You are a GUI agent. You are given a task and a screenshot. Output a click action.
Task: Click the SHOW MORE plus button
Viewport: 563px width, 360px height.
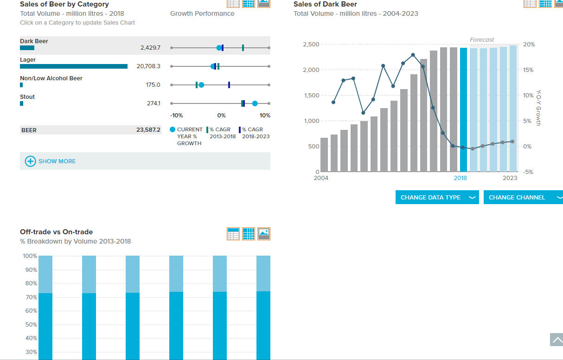(x=30, y=161)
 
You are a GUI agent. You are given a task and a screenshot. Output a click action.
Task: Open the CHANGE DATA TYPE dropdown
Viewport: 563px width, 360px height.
(x=437, y=197)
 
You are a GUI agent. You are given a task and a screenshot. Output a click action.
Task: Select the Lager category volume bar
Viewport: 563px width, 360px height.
(x=74, y=66)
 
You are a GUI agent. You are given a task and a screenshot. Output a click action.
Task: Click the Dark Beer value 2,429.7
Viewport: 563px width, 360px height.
(x=150, y=48)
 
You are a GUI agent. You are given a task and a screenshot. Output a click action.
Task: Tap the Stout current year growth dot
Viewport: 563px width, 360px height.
(x=255, y=103)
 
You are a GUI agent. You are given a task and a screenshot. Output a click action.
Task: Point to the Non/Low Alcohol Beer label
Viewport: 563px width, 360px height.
(x=51, y=78)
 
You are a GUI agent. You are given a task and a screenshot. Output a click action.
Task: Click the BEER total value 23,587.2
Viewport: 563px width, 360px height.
(x=148, y=130)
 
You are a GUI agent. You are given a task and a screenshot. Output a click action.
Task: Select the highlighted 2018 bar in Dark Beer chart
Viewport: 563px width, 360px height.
(x=463, y=109)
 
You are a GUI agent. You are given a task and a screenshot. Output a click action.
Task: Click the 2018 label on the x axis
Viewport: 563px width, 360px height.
(x=460, y=178)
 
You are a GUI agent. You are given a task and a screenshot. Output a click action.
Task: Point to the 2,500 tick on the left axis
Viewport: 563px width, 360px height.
(x=311, y=45)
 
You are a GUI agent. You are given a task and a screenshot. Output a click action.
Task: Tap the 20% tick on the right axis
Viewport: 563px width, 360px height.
(x=529, y=45)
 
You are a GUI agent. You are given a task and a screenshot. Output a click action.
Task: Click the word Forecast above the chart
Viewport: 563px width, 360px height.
(x=482, y=40)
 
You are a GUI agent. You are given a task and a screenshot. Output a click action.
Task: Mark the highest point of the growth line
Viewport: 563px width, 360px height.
(x=413, y=55)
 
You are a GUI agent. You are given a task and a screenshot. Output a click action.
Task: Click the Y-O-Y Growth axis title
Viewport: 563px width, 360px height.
(x=538, y=108)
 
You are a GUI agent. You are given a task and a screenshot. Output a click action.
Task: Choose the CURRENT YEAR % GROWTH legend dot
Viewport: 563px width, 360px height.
(x=173, y=129)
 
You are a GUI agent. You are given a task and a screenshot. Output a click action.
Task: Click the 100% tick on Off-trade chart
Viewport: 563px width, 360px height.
(x=30, y=256)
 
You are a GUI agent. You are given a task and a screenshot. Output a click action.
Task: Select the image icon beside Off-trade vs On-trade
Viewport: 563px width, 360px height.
(x=264, y=234)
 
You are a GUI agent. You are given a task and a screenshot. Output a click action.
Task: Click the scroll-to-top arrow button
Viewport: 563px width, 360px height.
(x=557, y=340)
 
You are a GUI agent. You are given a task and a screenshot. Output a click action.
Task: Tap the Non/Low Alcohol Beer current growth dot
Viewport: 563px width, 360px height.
(x=201, y=85)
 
